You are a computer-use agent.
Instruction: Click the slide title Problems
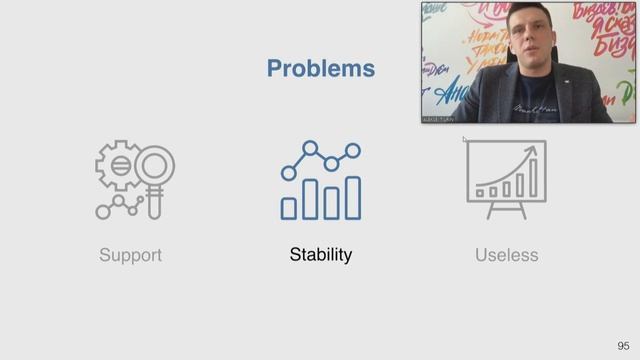click(320, 69)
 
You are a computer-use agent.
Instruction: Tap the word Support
click(130, 255)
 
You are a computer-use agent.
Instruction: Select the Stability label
click(320, 255)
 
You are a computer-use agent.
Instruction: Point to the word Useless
click(506, 255)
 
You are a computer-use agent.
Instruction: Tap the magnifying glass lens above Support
click(154, 165)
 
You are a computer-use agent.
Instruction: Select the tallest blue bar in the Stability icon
click(352, 197)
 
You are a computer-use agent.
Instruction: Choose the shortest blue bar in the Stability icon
click(288, 208)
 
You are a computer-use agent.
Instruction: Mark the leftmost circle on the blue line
click(288, 172)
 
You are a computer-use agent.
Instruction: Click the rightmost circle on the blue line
click(353, 149)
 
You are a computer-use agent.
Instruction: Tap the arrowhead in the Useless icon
click(533, 152)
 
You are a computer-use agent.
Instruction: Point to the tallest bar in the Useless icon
click(533, 178)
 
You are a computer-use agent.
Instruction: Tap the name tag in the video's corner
click(437, 117)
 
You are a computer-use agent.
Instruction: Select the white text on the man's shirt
click(529, 106)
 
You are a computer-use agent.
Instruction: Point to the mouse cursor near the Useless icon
click(465, 140)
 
